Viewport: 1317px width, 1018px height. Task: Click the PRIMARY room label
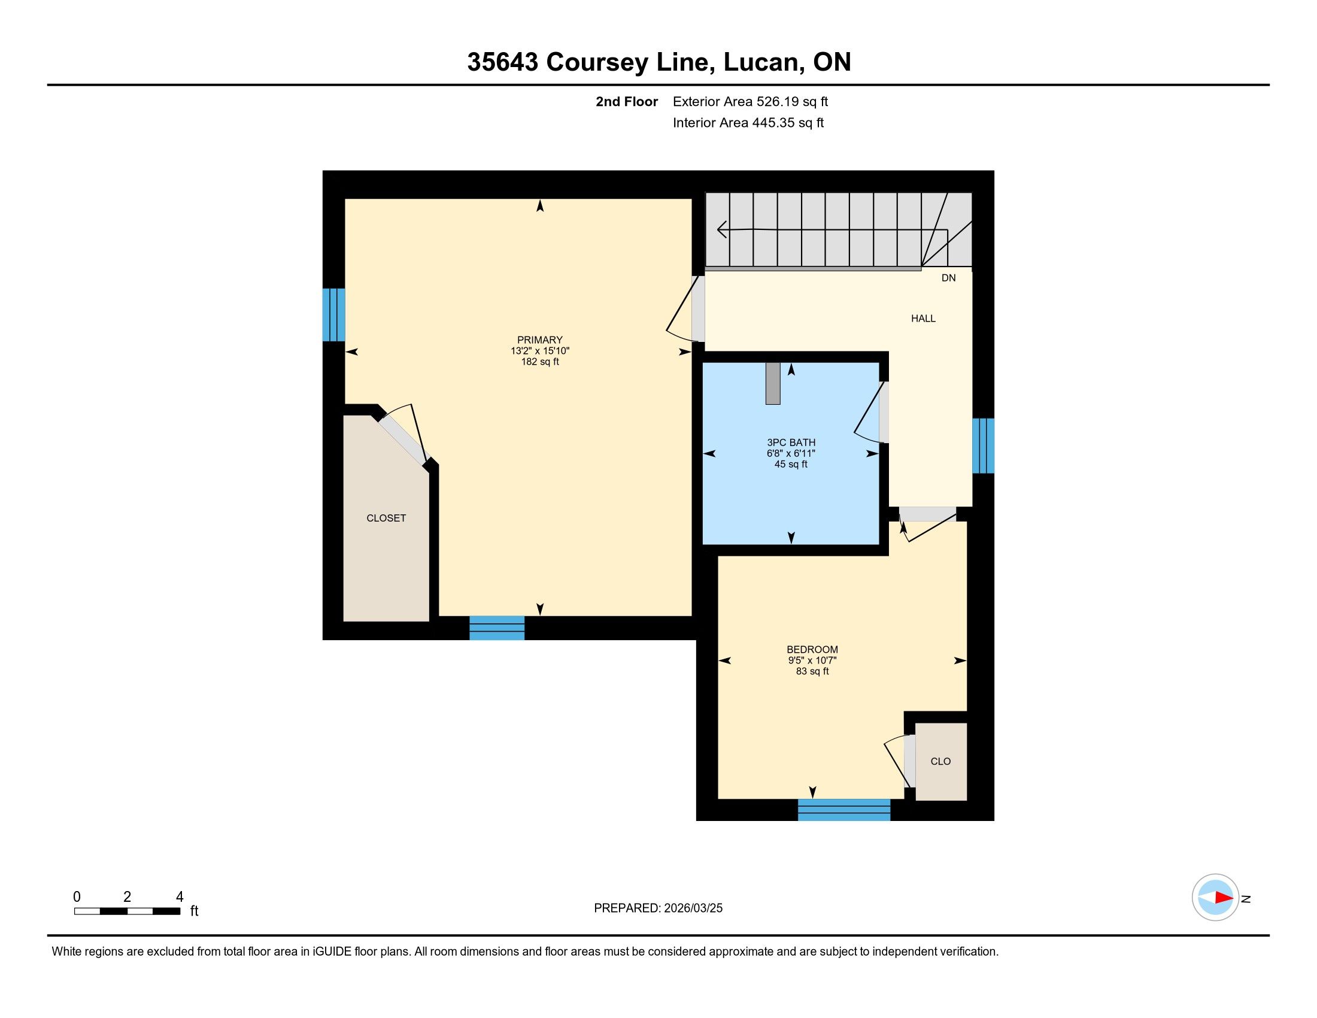(x=540, y=340)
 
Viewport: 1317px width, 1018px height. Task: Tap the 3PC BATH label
(x=791, y=443)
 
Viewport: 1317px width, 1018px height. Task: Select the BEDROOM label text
(x=812, y=650)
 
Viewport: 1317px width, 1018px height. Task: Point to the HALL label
(x=923, y=319)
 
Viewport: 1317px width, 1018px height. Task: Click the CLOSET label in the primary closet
(x=386, y=518)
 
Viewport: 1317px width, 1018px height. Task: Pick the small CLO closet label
(x=940, y=762)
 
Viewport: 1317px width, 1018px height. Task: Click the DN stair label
(x=949, y=278)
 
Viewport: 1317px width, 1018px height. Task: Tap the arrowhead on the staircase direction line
(x=721, y=230)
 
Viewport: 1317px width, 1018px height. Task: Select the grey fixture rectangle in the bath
(x=772, y=383)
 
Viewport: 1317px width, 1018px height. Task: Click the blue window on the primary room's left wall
(x=333, y=315)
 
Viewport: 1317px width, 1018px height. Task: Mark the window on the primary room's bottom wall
(x=497, y=628)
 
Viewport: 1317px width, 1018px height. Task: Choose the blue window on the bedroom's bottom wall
(x=844, y=810)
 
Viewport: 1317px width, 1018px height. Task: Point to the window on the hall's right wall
(x=983, y=446)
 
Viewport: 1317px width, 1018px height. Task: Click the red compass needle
(x=1224, y=898)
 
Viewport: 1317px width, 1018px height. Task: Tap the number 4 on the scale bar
(x=180, y=897)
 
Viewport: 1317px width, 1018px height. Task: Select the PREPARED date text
(x=658, y=908)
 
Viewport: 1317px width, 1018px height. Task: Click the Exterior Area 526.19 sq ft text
(x=750, y=101)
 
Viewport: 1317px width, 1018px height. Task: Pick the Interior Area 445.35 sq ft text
(x=748, y=123)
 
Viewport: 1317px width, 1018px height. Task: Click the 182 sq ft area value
(x=541, y=362)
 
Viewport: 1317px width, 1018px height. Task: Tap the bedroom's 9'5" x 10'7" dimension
(x=812, y=661)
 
